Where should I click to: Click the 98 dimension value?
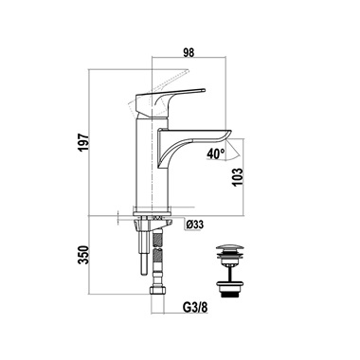(189, 52)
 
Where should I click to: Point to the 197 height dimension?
(84, 142)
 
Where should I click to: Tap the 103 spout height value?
(239, 177)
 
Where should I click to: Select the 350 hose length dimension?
(84, 255)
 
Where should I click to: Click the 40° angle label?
(216, 153)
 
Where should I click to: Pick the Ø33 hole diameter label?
(195, 225)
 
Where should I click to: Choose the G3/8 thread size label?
(195, 307)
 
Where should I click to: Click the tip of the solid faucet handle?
(204, 90)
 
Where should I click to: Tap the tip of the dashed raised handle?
(188, 70)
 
